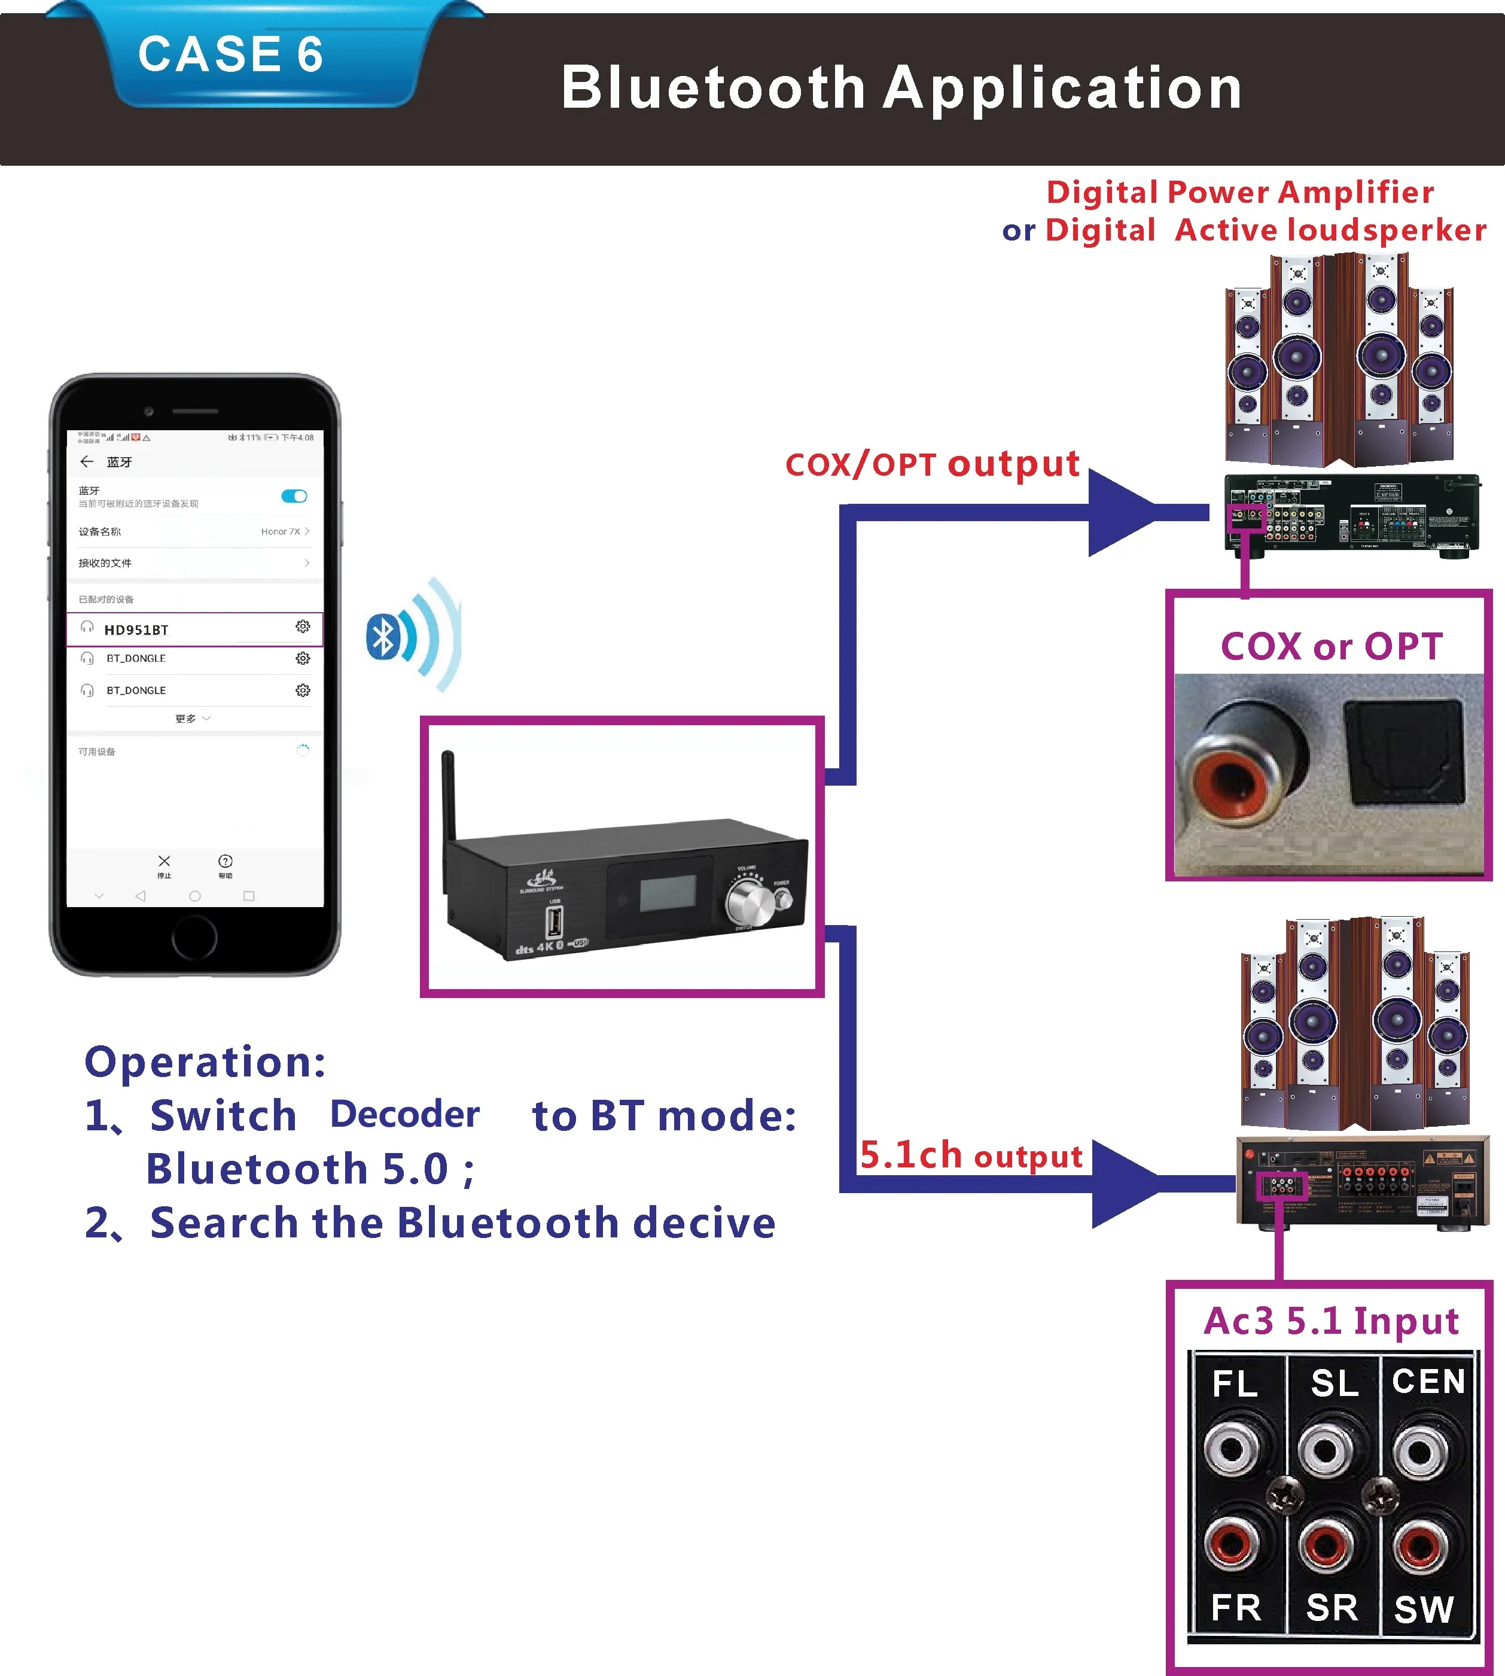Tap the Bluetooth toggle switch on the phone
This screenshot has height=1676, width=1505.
pyautogui.click(x=294, y=497)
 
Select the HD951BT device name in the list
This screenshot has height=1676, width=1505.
pyautogui.click(x=136, y=629)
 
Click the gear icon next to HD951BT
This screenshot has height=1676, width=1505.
pyautogui.click(x=303, y=627)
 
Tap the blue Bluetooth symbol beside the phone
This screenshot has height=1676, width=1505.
pyautogui.click(x=383, y=637)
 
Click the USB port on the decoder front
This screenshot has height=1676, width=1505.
pyautogui.click(x=554, y=921)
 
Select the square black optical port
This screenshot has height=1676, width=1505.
pyautogui.click(x=1404, y=751)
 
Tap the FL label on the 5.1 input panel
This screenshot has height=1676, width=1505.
pyautogui.click(x=1235, y=1383)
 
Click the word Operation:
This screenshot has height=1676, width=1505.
pyautogui.click(x=205, y=1061)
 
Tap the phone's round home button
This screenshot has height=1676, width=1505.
pyautogui.click(x=194, y=937)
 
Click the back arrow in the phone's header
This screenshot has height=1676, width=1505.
pyautogui.click(x=87, y=461)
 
